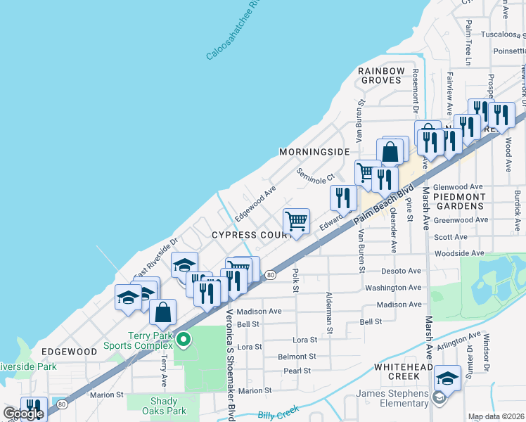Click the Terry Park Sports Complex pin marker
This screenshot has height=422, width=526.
(x=184, y=340)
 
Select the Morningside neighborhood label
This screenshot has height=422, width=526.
(x=314, y=152)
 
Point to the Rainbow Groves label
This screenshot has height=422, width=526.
(x=382, y=75)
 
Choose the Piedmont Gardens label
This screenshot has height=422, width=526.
(x=458, y=201)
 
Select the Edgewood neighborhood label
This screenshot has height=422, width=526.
(x=69, y=351)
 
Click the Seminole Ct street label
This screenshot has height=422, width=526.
(x=316, y=179)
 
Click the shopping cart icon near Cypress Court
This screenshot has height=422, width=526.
(x=297, y=221)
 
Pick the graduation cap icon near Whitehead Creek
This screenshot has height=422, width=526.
(x=447, y=378)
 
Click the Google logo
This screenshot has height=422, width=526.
(x=23, y=414)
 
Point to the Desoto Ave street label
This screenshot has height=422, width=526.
(x=401, y=271)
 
